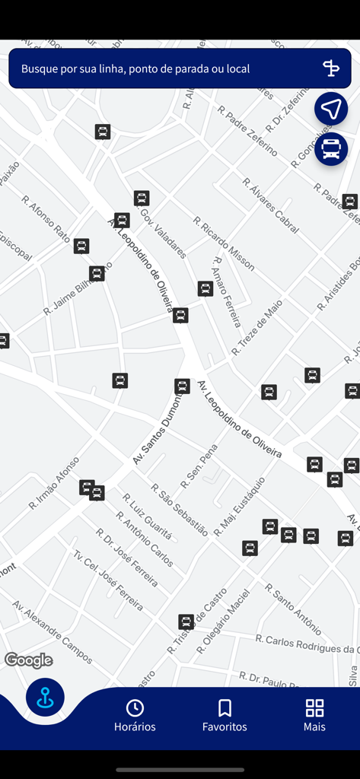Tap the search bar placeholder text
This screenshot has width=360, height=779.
click(x=135, y=68)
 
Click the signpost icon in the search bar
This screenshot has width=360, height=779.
click(x=330, y=68)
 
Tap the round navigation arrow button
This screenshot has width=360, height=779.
click(x=331, y=109)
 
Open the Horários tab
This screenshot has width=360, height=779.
click(x=135, y=716)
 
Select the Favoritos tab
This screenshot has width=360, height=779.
click(x=225, y=716)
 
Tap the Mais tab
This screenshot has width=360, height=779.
click(x=314, y=716)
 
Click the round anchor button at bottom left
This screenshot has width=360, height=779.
click(x=45, y=698)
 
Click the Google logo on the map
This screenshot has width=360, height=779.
click(x=29, y=660)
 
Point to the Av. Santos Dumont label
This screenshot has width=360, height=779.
click(x=159, y=428)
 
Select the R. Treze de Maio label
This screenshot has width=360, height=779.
click(x=257, y=327)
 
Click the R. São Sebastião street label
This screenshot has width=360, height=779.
click(x=179, y=509)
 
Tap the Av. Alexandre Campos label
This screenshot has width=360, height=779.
click(x=52, y=631)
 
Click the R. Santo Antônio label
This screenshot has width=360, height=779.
click(x=293, y=608)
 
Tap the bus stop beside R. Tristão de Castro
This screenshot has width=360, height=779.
click(x=186, y=622)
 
